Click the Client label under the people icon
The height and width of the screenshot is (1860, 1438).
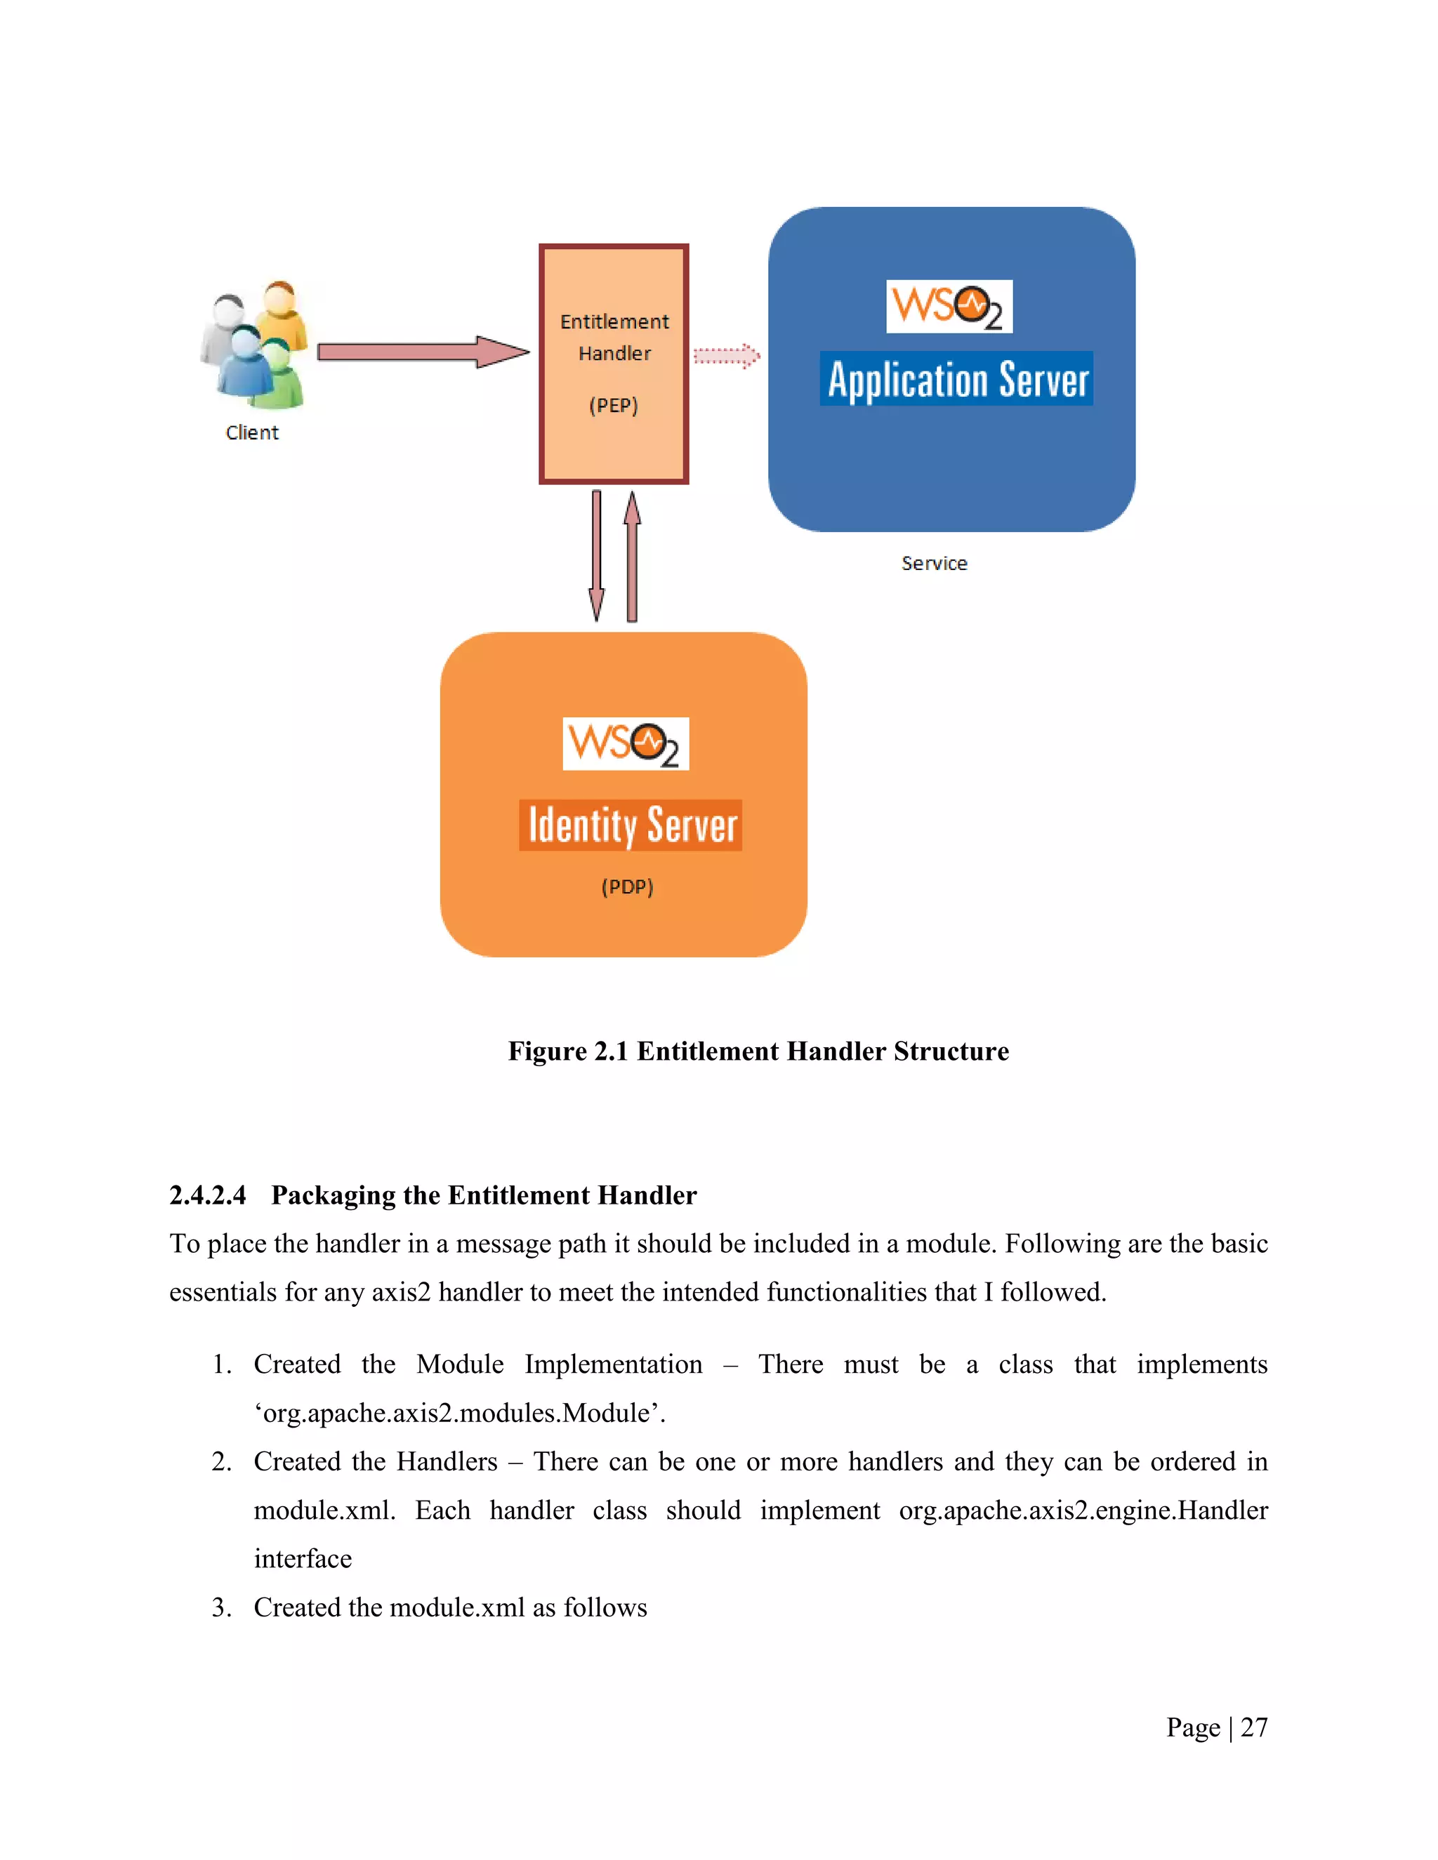(252, 432)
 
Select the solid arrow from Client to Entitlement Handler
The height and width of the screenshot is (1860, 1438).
(422, 352)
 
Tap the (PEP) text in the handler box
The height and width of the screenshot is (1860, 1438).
(614, 406)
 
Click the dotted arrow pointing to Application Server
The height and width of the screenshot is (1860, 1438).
(726, 356)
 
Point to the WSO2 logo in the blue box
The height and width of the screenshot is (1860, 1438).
(949, 307)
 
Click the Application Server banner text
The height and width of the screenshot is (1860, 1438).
(957, 379)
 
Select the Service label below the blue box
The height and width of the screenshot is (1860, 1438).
(935, 564)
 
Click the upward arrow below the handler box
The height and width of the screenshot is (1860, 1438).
(632, 555)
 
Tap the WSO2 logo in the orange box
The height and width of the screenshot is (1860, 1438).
(626, 743)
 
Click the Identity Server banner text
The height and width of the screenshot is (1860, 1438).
(631, 825)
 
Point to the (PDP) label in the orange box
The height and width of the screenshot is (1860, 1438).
(627, 886)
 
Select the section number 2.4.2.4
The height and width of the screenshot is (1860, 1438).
(208, 1195)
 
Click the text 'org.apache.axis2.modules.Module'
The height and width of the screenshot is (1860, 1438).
(460, 1413)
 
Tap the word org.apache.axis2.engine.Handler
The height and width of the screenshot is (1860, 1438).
(1083, 1510)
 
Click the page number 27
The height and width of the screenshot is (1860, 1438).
(1254, 1727)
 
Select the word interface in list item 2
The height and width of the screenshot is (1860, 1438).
(303, 1558)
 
